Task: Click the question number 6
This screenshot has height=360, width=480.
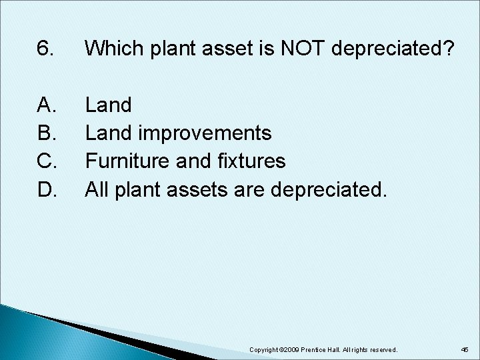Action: pos(45,48)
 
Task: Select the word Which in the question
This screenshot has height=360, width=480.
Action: pos(110,48)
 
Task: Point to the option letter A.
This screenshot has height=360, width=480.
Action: pos(46,105)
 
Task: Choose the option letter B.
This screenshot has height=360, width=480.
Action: pos(46,133)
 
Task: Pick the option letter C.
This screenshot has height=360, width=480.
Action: pos(46,161)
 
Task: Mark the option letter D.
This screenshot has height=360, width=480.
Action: pos(46,190)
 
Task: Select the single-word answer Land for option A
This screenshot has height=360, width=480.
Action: pos(109,105)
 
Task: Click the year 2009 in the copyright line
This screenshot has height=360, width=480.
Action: pos(291,349)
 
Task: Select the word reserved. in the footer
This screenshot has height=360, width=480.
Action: pos(383,349)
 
